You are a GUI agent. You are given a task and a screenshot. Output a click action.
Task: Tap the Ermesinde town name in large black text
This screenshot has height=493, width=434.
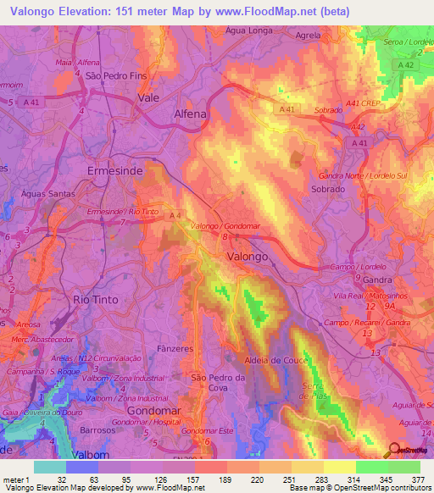(116, 170)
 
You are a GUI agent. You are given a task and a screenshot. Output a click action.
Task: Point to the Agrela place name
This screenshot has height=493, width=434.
(307, 36)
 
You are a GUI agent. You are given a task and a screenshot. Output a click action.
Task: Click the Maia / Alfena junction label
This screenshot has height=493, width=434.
(78, 63)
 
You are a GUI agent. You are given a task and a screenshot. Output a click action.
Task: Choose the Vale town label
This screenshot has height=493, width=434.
(147, 97)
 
